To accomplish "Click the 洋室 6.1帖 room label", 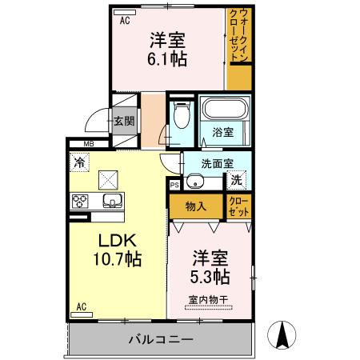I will coord(167,50).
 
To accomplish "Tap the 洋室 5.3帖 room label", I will coord(211,268).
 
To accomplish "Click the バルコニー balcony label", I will coord(161,339).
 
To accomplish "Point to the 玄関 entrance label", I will coord(123,122).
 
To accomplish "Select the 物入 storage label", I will coord(196,206).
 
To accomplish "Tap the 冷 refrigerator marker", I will coord(79,162).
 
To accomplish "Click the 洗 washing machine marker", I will coord(238,181).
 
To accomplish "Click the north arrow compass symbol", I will coord(282,334).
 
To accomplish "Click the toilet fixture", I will coord(181,118).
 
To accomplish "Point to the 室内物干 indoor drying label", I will coord(209,300).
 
